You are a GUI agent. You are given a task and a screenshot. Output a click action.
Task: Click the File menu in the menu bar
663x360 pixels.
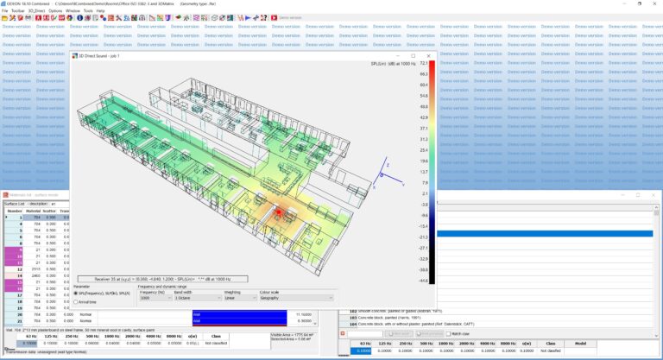point(4,10)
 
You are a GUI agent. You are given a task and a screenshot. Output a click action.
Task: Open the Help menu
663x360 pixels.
point(100,10)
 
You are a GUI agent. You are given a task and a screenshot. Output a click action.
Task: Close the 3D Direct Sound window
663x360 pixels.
point(433,55)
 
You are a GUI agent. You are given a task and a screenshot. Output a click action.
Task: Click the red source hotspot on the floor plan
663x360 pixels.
point(279,210)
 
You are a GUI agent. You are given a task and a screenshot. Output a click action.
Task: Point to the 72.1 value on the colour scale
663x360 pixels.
point(424,63)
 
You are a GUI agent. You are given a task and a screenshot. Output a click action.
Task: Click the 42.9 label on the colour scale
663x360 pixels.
point(424,117)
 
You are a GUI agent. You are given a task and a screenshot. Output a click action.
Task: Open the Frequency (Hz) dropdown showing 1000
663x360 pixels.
point(155,297)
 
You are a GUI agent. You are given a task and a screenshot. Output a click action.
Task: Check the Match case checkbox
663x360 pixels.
point(447,333)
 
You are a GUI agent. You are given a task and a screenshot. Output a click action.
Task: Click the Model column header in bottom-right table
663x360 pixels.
point(580,343)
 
